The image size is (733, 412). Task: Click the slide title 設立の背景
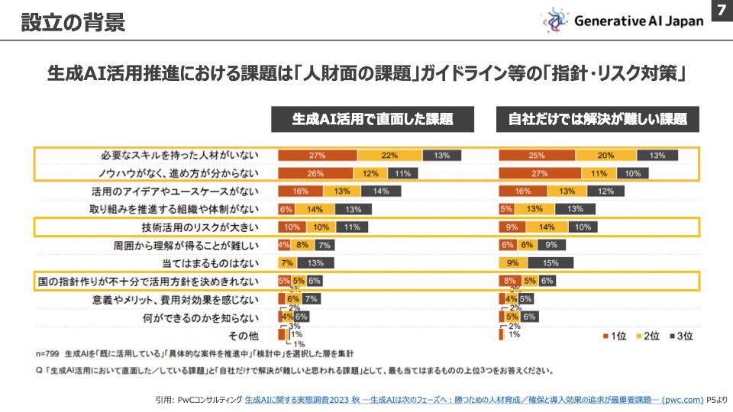73,22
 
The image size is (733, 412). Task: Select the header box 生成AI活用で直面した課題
373,119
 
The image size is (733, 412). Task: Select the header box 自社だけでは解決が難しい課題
598,119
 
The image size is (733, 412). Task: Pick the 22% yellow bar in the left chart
389,155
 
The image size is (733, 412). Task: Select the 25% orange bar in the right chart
536,155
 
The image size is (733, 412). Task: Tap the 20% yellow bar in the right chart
605,155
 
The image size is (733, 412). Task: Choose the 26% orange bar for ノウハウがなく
315,173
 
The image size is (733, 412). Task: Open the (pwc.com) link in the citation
683,399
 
